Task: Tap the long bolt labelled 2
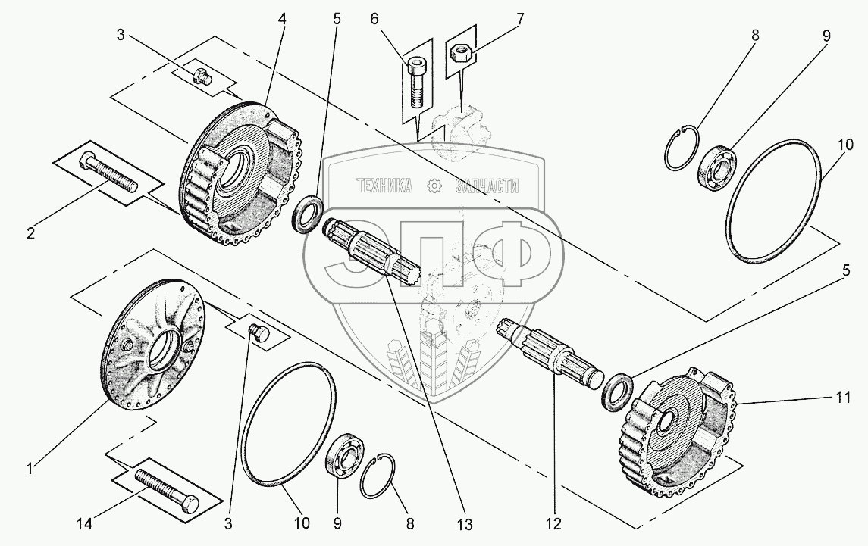pyautogui.click(x=109, y=173)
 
